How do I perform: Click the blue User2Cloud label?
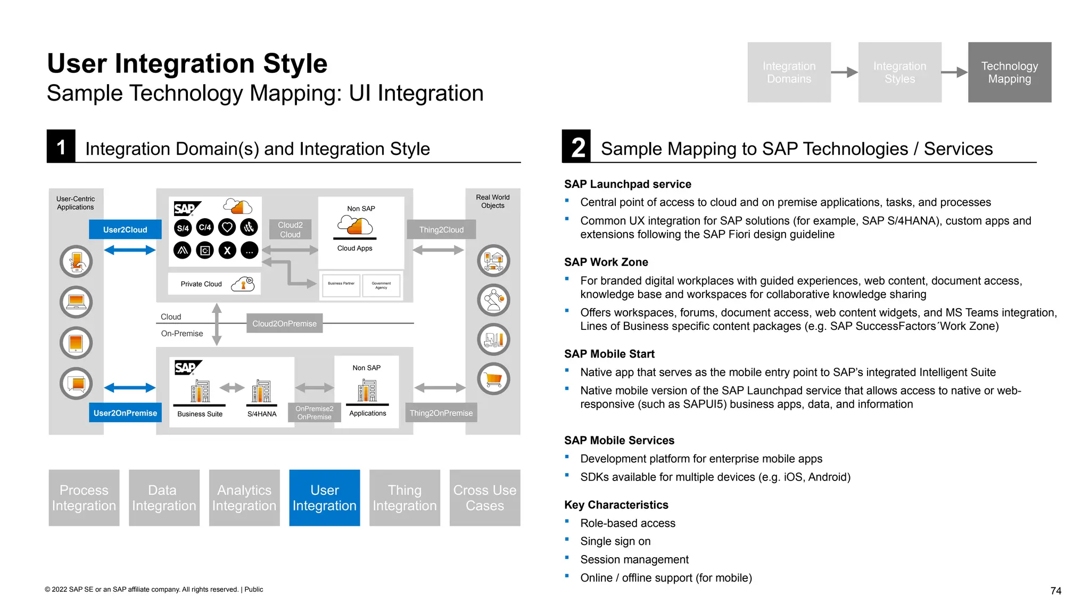(125, 229)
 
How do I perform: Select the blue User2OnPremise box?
(125, 413)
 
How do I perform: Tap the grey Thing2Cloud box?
(441, 229)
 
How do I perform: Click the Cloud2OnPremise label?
(284, 324)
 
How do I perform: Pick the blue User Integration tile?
(325, 498)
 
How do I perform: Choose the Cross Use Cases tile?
(485, 498)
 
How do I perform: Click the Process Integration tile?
(84, 498)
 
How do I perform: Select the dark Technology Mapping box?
(1009, 72)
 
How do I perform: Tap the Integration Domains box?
(789, 72)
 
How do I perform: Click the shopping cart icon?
(493, 379)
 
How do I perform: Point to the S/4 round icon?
(183, 228)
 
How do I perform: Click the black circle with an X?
(227, 250)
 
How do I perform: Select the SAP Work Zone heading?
(606, 262)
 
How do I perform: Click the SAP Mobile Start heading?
(609, 354)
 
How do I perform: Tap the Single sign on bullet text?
(615, 541)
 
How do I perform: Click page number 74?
(1056, 591)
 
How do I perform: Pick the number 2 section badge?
(577, 147)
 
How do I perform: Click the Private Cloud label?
(201, 284)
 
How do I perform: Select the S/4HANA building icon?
(261, 391)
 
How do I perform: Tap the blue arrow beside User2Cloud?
(129, 250)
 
